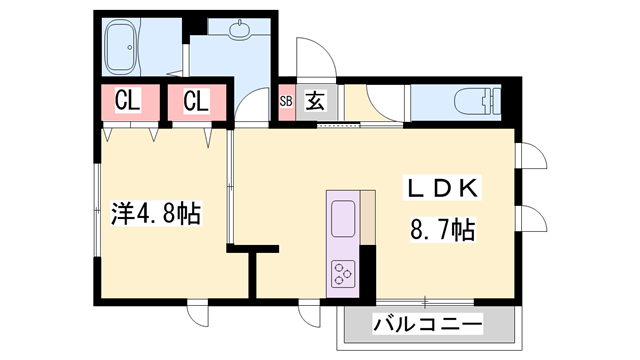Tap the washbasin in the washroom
(241, 30)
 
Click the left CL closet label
(126, 101)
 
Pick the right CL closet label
(195, 101)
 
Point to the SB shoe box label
(286, 101)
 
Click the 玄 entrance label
(314, 100)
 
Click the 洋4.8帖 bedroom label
(156, 214)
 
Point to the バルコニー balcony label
(428, 324)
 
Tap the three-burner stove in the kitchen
(344, 271)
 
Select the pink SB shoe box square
(286, 101)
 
